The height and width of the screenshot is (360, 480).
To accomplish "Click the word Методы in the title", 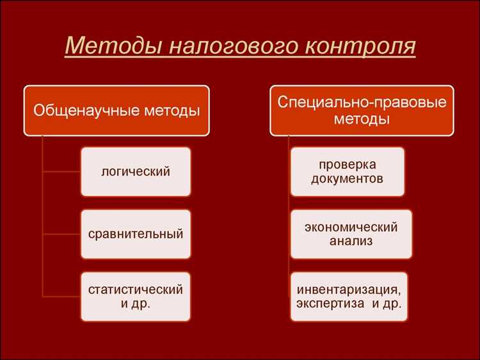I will pos(107,46).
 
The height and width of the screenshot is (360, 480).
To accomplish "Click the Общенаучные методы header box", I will pos(116,110).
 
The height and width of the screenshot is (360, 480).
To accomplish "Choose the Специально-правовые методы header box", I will pos(362,110).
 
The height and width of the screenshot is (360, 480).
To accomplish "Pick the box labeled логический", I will pos(136,171).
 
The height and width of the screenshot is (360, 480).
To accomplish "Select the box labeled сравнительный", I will pos(136,234).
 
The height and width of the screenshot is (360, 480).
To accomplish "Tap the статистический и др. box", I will pos(136,297).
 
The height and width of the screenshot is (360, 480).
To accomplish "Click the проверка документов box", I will pos(348,171).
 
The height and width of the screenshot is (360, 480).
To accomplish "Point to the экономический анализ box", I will pos(351,234).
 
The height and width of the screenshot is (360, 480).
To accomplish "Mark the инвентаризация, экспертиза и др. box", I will pos(349,297).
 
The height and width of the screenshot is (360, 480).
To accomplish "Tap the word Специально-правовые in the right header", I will pos(362,102).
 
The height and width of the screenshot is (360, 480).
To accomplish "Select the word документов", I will pos(348,179).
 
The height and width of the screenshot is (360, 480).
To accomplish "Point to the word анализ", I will pos(351,241).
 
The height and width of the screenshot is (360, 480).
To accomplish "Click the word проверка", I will pos(348,164).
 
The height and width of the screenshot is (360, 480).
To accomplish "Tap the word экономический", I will pos(351,227).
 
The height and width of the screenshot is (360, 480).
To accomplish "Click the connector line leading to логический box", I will pos(61,171).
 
